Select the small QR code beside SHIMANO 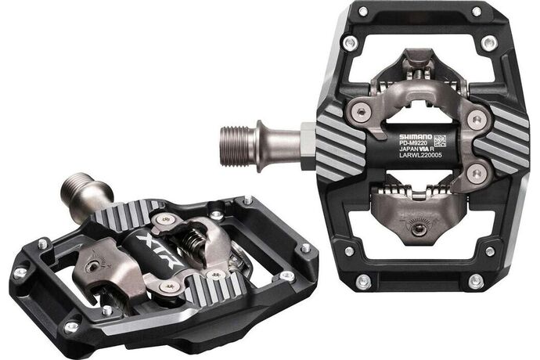coord(441,142)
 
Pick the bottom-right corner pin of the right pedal coord(475,279)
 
